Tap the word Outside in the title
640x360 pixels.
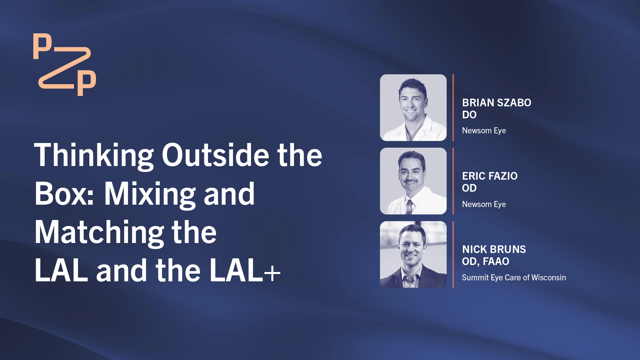pos(216,155)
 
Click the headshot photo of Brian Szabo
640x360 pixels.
pos(413,108)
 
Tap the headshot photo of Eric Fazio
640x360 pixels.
pos(413,181)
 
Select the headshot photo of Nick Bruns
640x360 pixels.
pos(413,254)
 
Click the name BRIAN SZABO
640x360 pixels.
pos(497,103)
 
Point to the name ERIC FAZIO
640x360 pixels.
pos(490,176)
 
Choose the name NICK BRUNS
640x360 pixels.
pos(494,249)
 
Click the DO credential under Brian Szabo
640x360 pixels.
pos(469,115)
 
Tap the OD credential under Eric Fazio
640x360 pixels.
pos(469,188)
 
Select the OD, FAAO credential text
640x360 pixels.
pos(486,262)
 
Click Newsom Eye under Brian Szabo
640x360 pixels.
pos(484,131)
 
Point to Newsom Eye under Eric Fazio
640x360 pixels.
pos(484,204)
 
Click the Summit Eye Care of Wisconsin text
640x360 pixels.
pos(514,277)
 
